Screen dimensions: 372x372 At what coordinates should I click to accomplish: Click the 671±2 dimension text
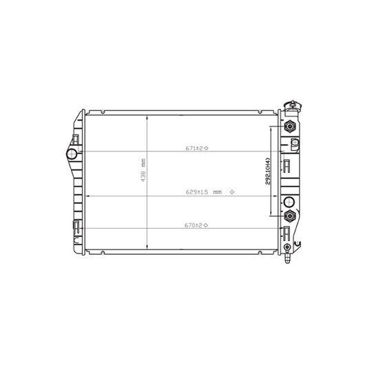click(x=194, y=148)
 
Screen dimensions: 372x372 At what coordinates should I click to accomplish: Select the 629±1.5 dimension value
click(x=197, y=192)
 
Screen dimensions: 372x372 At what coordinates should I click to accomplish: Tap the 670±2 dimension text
click(x=194, y=225)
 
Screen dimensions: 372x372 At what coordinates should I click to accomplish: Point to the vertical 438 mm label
click(x=143, y=170)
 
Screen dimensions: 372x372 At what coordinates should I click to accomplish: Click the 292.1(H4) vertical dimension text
click(x=268, y=172)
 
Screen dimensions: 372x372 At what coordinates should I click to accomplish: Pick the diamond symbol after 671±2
click(x=206, y=148)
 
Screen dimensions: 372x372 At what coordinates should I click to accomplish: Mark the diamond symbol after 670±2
click(x=205, y=225)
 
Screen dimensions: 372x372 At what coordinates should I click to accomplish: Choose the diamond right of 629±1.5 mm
click(x=232, y=192)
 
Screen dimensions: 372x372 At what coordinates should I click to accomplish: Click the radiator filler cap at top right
click(x=293, y=105)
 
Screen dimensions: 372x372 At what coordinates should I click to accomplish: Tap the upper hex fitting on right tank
click(x=289, y=126)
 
